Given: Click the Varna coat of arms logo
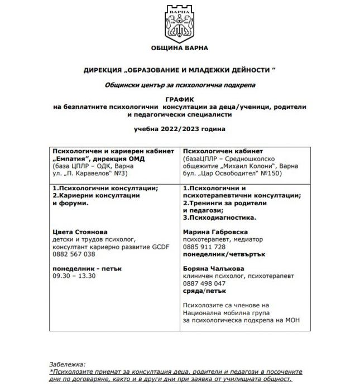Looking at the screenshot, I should [179, 21].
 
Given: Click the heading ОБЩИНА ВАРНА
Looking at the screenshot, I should [179, 48].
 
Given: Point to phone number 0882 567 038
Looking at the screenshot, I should [73, 254].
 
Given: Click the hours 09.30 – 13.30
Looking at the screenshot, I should [73, 276].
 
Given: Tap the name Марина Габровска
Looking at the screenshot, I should [215, 231].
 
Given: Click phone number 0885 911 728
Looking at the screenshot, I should [205, 246].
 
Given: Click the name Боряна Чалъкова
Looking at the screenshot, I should [212, 268].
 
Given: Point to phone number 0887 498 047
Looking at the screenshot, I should [205, 283].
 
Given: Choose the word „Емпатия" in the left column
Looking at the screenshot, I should [70, 158].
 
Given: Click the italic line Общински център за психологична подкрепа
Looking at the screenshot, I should [180, 84].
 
